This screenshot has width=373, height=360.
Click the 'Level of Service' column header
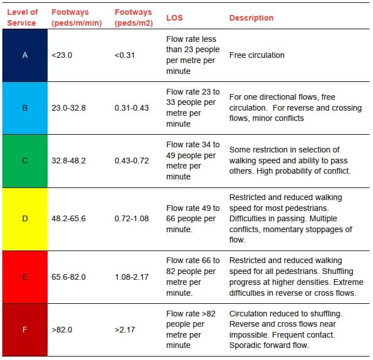coord(22,18)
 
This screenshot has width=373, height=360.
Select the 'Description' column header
coord(251,18)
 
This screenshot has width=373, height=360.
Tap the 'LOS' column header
coord(174,18)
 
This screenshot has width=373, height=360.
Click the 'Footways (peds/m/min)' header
coord(76,18)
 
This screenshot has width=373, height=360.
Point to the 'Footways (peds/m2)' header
coord(134,18)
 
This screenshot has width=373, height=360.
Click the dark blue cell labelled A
coord(25,56)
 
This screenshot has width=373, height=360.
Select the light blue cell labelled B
coord(25,108)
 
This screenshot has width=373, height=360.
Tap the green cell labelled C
coord(25,161)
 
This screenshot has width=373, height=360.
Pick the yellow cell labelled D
coord(25,219)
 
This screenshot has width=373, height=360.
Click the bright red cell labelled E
coord(25,277)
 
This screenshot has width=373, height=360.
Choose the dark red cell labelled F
coord(25,330)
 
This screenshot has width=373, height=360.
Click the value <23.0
coord(62,56)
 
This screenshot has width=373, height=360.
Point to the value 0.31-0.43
coord(131,108)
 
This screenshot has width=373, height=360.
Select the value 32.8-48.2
coord(68,161)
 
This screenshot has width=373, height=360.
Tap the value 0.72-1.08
coord(131,218)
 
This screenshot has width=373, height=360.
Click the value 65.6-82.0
coord(68,277)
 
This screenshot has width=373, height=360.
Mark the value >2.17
coord(125,330)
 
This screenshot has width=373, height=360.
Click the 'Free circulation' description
coord(257,56)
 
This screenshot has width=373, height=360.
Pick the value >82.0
coord(62,330)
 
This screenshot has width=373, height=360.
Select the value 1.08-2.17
coord(131,277)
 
